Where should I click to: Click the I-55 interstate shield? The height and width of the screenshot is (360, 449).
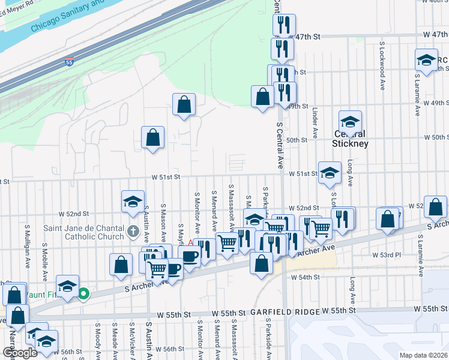70,61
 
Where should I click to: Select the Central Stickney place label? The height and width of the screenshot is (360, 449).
351,143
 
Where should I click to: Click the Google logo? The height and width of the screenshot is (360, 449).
19,353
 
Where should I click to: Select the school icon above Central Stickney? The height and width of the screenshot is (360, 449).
350,121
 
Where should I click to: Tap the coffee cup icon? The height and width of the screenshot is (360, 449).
191,257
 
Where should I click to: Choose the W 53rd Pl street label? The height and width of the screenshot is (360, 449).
386,255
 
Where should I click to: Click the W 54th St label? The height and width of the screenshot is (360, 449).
306,277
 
